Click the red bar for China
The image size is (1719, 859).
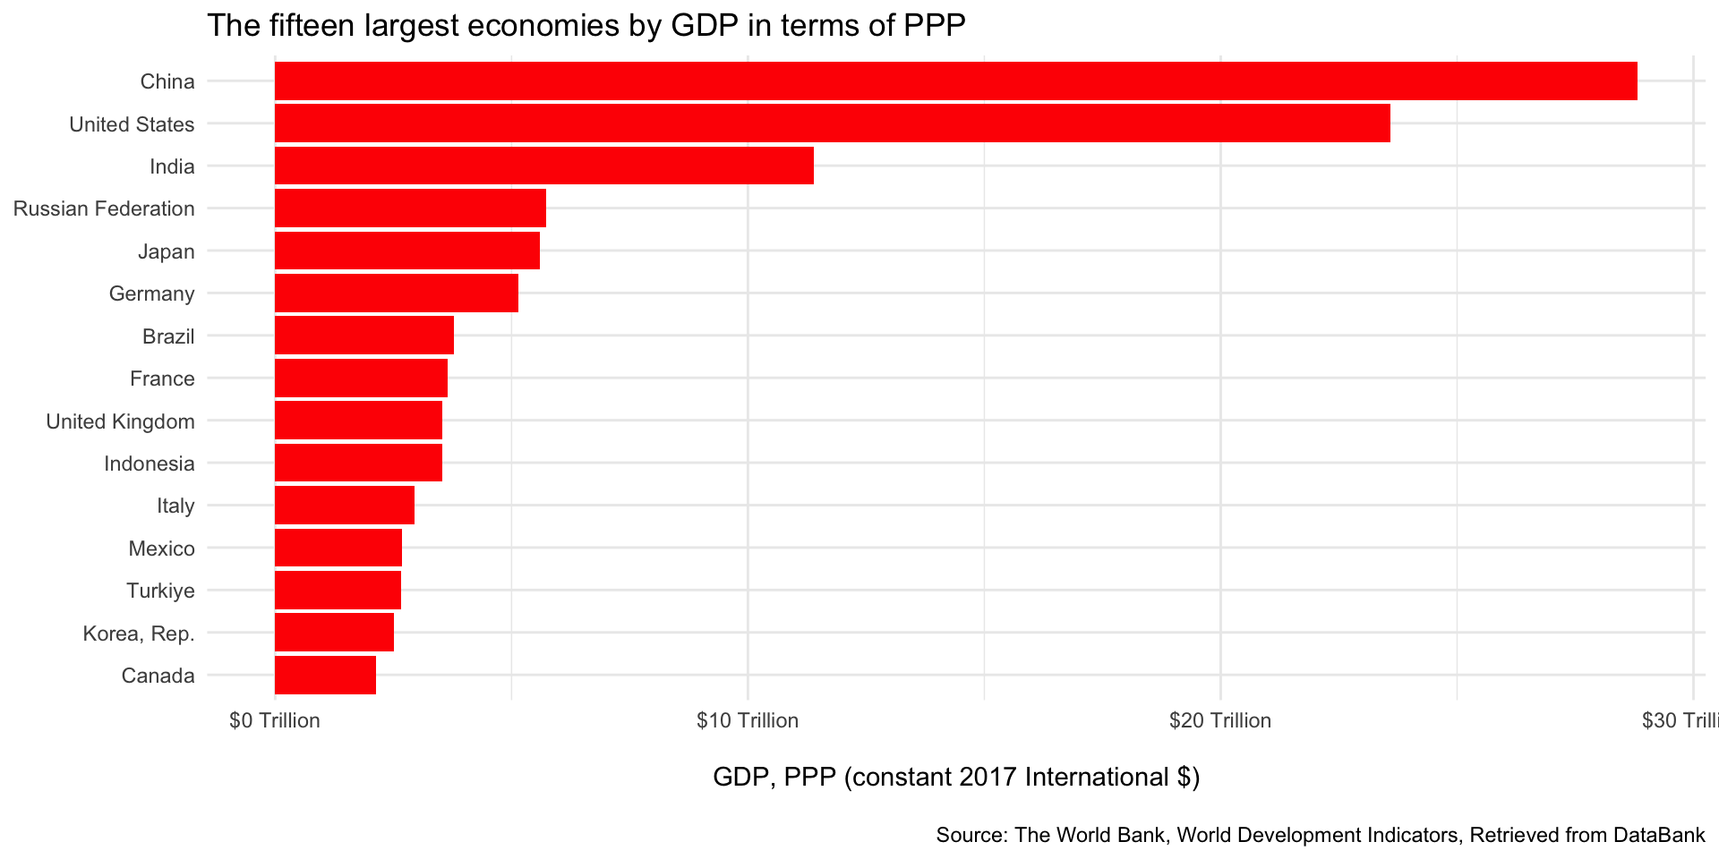tap(955, 81)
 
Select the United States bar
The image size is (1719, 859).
tap(832, 123)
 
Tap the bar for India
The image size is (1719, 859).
tap(543, 166)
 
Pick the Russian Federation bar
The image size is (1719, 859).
tap(410, 208)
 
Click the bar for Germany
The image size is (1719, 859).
tap(396, 293)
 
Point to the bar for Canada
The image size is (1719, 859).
tap(325, 676)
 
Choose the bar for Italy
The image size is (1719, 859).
tap(344, 506)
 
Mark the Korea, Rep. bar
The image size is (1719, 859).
tap(334, 633)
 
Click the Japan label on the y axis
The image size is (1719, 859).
tap(166, 251)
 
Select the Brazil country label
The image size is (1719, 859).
tap(168, 336)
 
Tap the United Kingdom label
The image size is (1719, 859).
tap(120, 421)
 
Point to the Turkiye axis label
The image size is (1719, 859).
tap(160, 591)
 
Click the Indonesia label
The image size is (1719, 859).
tap(149, 464)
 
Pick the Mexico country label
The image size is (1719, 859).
tap(161, 549)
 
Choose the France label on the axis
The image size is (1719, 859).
tap(162, 378)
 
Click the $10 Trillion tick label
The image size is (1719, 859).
tap(747, 721)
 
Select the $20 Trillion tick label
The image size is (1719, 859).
tap(1219, 721)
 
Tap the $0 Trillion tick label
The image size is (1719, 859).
tap(274, 721)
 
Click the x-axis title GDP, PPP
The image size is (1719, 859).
tap(955, 777)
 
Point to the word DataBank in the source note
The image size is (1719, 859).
tap(1659, 836)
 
